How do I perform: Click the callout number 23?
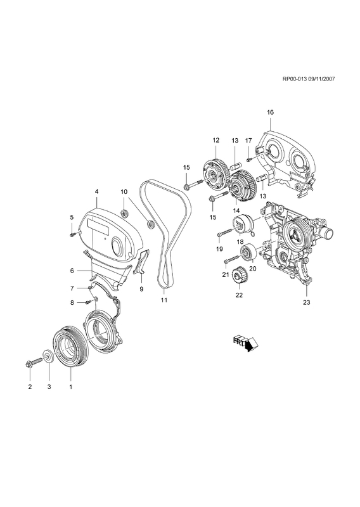(306, 302)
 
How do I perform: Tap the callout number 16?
(270, 112)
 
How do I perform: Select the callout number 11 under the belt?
(164, 300)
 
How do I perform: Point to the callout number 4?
(96, 192)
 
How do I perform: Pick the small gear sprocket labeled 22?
(239, 276)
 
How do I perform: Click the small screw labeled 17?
(248, 159)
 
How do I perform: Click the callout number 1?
(70, 387)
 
